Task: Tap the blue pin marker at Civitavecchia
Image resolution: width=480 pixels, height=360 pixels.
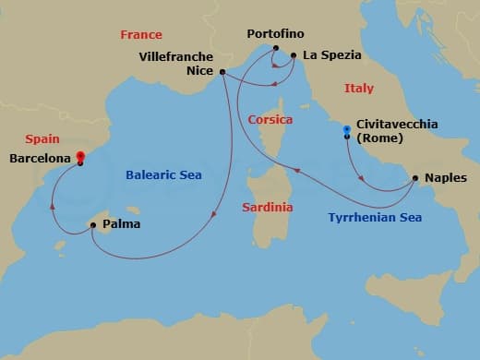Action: coord(346,129)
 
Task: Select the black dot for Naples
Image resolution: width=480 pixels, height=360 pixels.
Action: coord(415,177)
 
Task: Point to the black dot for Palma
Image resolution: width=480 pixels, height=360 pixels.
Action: coord(92,223)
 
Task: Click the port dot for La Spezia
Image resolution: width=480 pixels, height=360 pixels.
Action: coord(294,55)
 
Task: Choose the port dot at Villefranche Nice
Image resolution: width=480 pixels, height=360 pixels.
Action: coord(223,71)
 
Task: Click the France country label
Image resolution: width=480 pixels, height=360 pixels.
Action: coord(141,34)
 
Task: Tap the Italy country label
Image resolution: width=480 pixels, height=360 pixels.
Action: coord(359,89)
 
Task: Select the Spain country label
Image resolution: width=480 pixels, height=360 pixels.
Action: coord(42,138)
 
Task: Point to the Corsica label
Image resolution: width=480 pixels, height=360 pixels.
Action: coord(270,120)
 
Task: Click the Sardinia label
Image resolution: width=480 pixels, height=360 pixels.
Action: coord(267,207)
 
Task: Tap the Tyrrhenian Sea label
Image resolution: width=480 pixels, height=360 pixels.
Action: coord(375,219)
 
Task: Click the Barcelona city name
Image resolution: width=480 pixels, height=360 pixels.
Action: coord(39,158)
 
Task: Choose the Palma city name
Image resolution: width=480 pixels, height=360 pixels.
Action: coord(123,223)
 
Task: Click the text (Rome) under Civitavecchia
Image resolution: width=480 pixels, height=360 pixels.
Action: coord(378,138)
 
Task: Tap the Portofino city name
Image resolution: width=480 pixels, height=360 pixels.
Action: coord(275,34)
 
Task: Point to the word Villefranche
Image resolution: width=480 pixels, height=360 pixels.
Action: coord(175,55)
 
